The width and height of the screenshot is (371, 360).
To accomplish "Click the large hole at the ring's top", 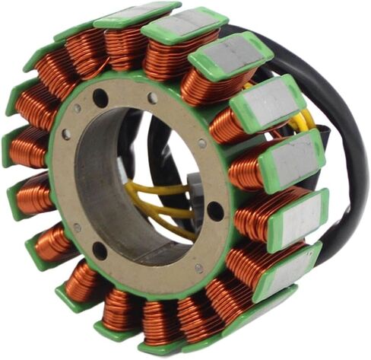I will (100, 97).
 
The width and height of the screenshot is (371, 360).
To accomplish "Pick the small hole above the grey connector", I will (201, 142).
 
